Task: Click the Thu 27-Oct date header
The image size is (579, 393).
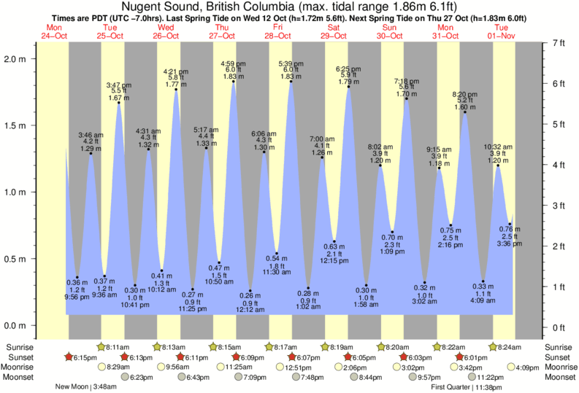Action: [x=222, y=31]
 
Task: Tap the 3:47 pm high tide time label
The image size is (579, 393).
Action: [x=118, y=85]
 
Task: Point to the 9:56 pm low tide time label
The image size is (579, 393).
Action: [x=77, y=297]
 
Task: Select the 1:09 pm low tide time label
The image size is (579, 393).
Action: [x=392, y=252]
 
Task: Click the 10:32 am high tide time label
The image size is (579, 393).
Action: [x=498, y=147]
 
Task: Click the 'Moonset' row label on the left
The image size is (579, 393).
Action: [x=21, y=378]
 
